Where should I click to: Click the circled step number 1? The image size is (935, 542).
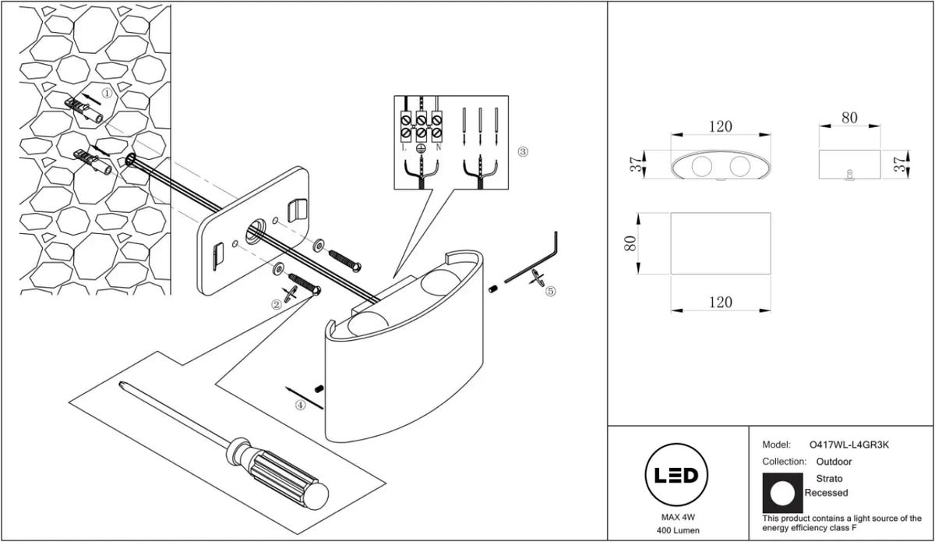[x=108, y=93]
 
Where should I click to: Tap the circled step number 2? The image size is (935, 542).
[x=277, y=305]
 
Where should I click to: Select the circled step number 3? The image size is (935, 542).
[x=523, y=152]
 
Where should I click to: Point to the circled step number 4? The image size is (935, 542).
[x=300, y=405]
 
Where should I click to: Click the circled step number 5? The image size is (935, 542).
[x=551, y=291]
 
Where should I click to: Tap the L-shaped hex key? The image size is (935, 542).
[x=542, y=264]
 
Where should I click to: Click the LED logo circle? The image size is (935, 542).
[x=676, y=475]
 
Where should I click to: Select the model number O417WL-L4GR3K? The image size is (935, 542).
[x=849, y=445]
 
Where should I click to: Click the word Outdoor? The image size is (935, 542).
[x=834, y=462]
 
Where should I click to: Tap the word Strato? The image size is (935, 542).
[x=829, y=479]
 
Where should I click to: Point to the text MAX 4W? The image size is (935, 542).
[x=679, y=517]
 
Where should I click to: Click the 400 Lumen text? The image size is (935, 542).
[x=678, y=531]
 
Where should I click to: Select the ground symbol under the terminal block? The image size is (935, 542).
[x=421, y=148]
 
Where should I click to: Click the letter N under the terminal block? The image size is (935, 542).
[x=438, y=147]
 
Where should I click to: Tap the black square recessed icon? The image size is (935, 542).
[x=782, y=493]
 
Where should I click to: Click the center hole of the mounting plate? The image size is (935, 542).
[x=255, y=231]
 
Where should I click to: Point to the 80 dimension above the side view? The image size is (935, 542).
[x=849, y=118]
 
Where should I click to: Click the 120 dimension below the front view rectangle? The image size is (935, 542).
[x=721, y=302]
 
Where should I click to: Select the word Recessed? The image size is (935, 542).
[x=826, y=493]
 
